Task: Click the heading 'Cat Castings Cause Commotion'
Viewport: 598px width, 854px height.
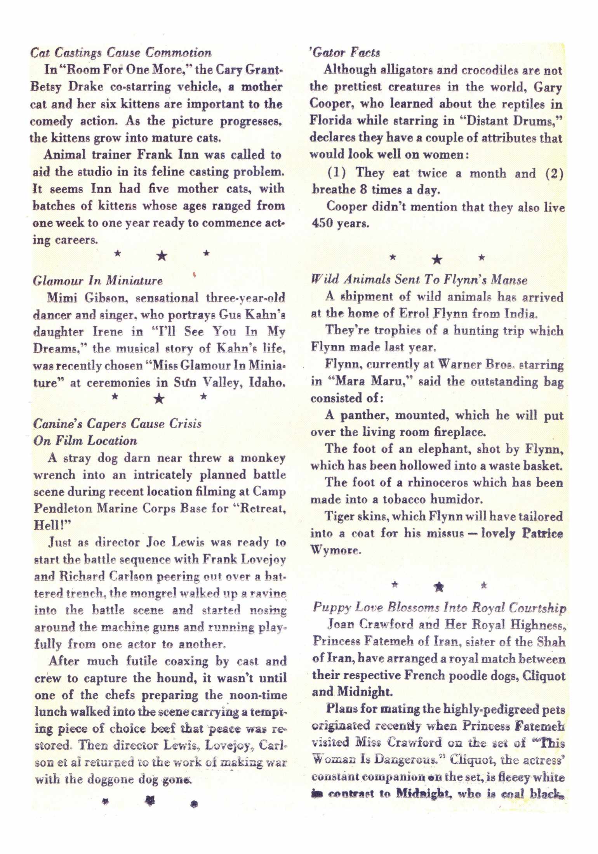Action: click(x=121, y=52)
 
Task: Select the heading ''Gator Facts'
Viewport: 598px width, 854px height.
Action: click(x=345, y=52)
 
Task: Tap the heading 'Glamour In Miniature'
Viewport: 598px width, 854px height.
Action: click(x=98, y=280)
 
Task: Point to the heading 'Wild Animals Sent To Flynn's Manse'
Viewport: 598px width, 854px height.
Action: click(x=419, y=279)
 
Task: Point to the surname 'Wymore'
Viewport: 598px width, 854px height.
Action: click(x=336, y=550)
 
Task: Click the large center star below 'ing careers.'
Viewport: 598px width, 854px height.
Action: click(x=162, y=255)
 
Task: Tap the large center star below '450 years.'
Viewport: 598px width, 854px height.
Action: click(x=437, y=259)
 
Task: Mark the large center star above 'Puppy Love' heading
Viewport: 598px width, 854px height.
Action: click(x=439, y=587)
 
